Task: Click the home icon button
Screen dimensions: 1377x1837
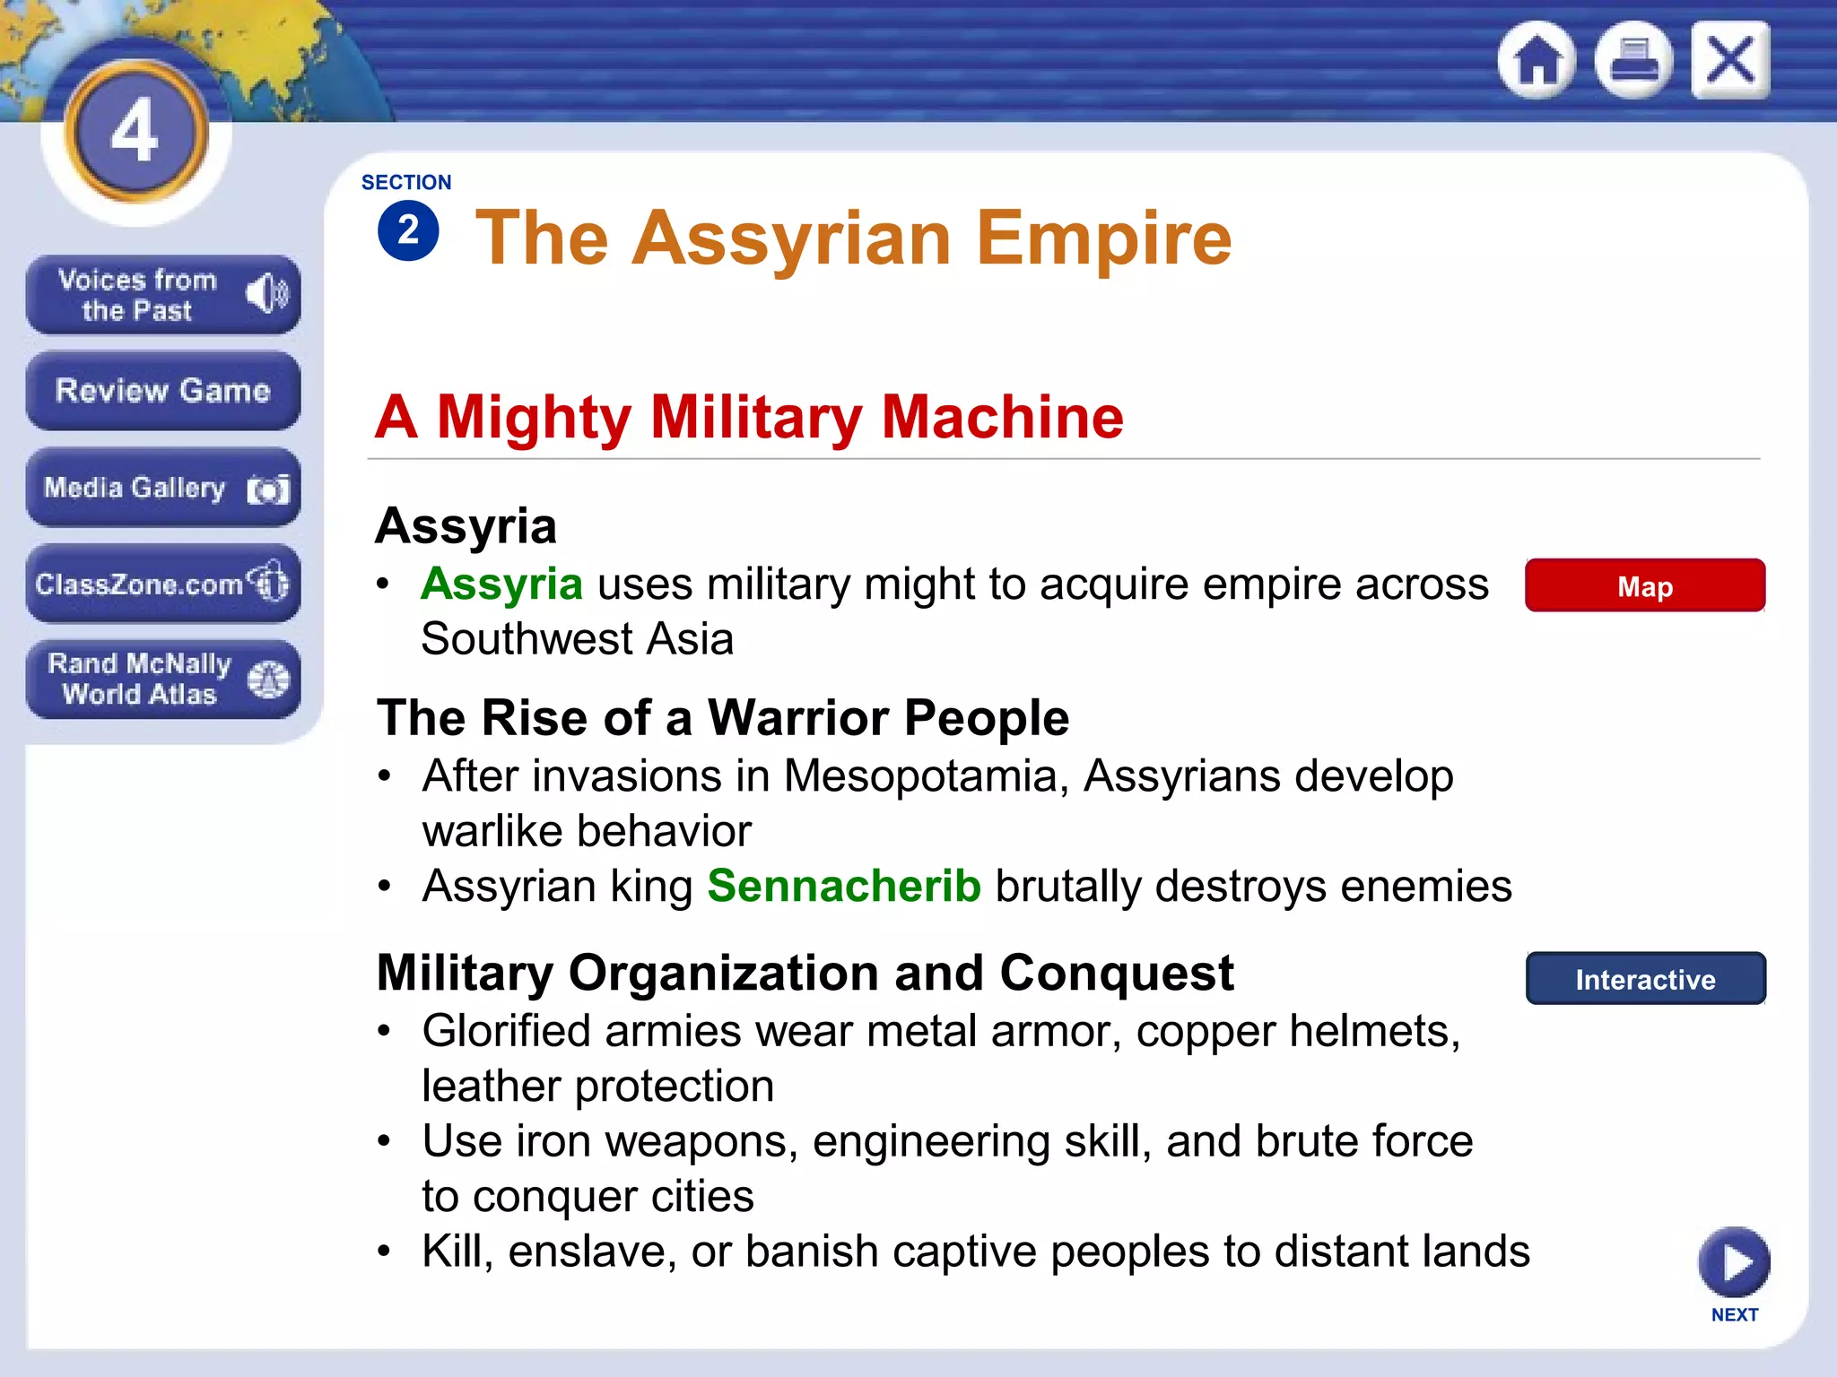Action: (1537, 60)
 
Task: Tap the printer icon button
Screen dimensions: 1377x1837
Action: (1633, 60)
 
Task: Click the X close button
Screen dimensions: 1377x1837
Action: (1730, 60)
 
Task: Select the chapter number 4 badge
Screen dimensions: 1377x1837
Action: (135, 131)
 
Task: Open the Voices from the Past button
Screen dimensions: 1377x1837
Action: (162, 295)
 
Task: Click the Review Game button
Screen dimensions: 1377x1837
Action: (162, 391)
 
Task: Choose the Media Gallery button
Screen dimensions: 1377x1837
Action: (162, 488)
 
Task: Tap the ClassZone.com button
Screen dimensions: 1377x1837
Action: (162, 584)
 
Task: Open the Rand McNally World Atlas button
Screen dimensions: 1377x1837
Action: (162, 679)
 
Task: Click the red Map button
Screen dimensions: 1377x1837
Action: (1644, 586)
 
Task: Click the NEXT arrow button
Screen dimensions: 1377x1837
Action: (1733, 1262)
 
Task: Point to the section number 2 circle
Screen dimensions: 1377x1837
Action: (408, 231)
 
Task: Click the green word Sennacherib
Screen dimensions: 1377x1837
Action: (843, 887)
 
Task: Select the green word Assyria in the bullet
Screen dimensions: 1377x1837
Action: (501, 585)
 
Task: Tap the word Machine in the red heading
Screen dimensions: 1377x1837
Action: (1002, 418)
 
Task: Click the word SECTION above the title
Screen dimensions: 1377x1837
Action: (406, 182)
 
